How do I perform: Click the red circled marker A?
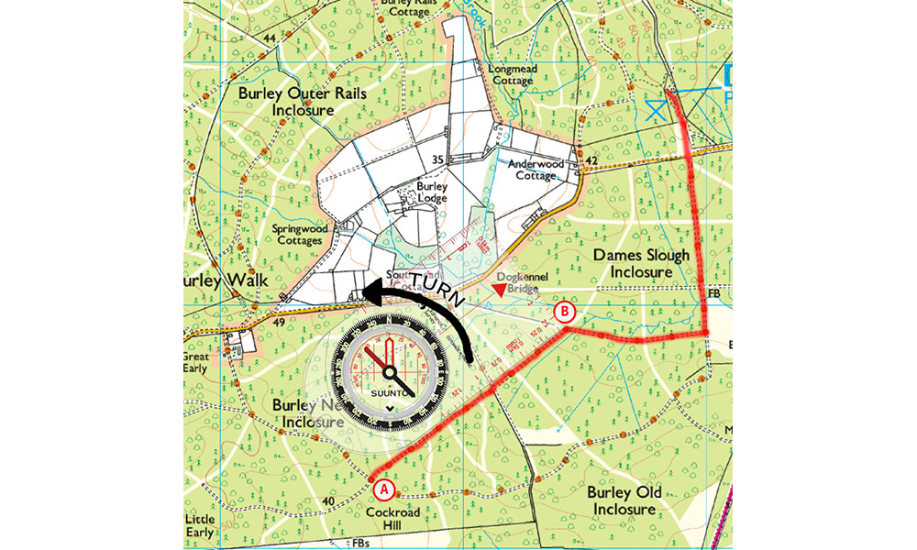point(383,488)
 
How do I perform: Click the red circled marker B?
point(567,313)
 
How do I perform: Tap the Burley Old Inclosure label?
point(623,500)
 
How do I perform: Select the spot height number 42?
point(591,161)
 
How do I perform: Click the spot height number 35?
point(438,159)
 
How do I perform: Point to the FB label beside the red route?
point(714,293)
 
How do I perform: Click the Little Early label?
point(200,525)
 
